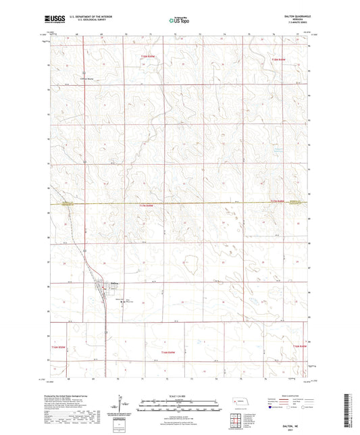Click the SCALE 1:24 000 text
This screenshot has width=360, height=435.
(180, 395)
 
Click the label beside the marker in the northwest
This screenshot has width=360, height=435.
(91, 78)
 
